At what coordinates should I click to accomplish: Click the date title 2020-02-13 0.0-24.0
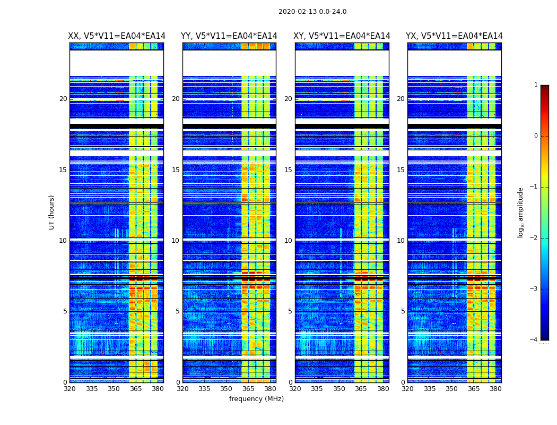tap(312, 12)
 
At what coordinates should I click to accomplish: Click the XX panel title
tap(117, 36)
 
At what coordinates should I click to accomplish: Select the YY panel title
tap(229, 36)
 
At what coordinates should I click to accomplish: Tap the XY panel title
tap(342, 36)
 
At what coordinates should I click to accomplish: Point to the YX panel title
tap(454, 36)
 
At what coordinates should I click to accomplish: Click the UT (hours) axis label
tap(52, 212)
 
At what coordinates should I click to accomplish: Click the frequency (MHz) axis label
tap(256, 399)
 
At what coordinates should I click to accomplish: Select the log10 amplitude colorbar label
tap(521, 212)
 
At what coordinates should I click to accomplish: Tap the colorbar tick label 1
tap(536, 85)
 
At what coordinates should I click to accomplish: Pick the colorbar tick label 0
tap(536, 136)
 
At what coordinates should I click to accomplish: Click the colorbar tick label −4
tap(534, 340)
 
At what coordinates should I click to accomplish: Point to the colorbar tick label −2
tap(534, 238)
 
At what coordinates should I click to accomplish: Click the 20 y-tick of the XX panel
tap(63, 99)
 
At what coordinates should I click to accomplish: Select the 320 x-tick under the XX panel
tap(69, 389)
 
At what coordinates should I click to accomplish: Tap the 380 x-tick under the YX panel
tap(495, 389)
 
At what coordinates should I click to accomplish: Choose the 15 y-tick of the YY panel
tap(176, 170)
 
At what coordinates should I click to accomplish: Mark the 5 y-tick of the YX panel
tap(403, 311)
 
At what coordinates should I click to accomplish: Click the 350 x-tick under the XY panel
tap(339, 389)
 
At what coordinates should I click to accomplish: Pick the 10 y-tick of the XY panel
tap(288, 241)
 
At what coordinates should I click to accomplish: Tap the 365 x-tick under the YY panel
tap(248, 389)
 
